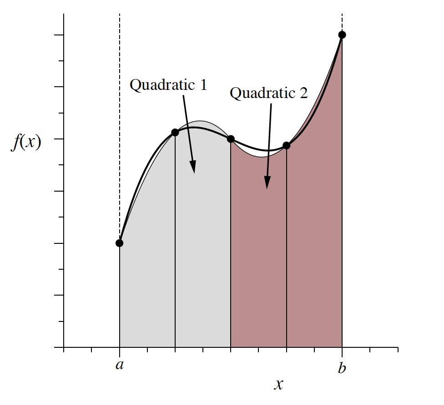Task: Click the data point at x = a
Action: tap(119, 243)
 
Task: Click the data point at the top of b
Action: tap(342, 35)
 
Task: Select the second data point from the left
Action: tap(175, 132)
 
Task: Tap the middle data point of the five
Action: tap(231, 139)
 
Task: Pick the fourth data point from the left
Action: tap(287, 146)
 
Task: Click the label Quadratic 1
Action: tap(168, 85)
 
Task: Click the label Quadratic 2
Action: tap(268, 93)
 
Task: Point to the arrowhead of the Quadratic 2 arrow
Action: tap(267, 185)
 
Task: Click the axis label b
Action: tap(342, 368)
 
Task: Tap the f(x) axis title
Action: tap(26, 143)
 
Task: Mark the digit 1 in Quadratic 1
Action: tap(203, 85)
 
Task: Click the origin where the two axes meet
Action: tap(64, 348)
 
